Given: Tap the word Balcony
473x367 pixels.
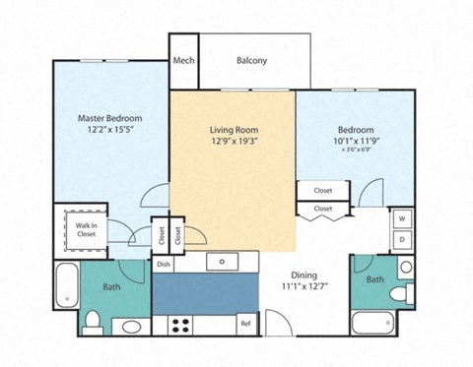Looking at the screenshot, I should (251, 61).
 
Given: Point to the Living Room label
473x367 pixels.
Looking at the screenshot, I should (233, 130).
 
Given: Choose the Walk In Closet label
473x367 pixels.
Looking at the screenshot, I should (86, 229).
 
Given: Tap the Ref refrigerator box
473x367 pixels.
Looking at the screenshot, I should (245, 324).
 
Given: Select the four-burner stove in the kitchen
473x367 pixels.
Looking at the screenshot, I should (180, 323).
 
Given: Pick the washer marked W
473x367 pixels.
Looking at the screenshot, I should (403, 218).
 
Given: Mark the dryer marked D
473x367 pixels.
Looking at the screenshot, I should (403, 239).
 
